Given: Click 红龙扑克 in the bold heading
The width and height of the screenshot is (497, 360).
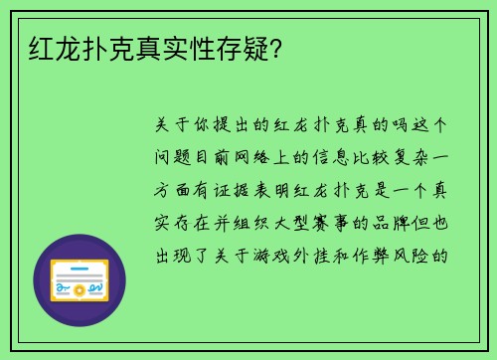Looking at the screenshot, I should point(74,46).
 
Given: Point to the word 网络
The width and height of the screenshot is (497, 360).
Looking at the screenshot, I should point(262,157).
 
